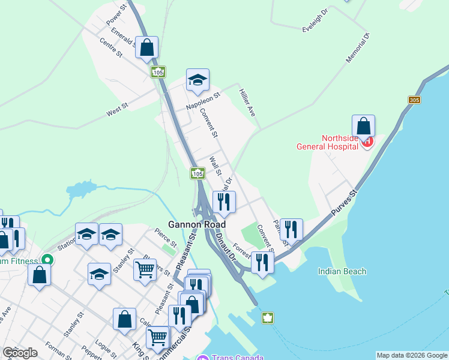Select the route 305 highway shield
pos(414,100)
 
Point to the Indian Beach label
pos(342,271)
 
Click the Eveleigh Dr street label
pos(316,25)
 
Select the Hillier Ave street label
pos(247,103)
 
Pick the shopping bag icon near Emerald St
pos(146,47)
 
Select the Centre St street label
pos(111,48)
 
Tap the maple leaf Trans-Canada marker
pos(267,317)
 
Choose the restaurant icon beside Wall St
pos(224,202)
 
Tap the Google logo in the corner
pos(20,353)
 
